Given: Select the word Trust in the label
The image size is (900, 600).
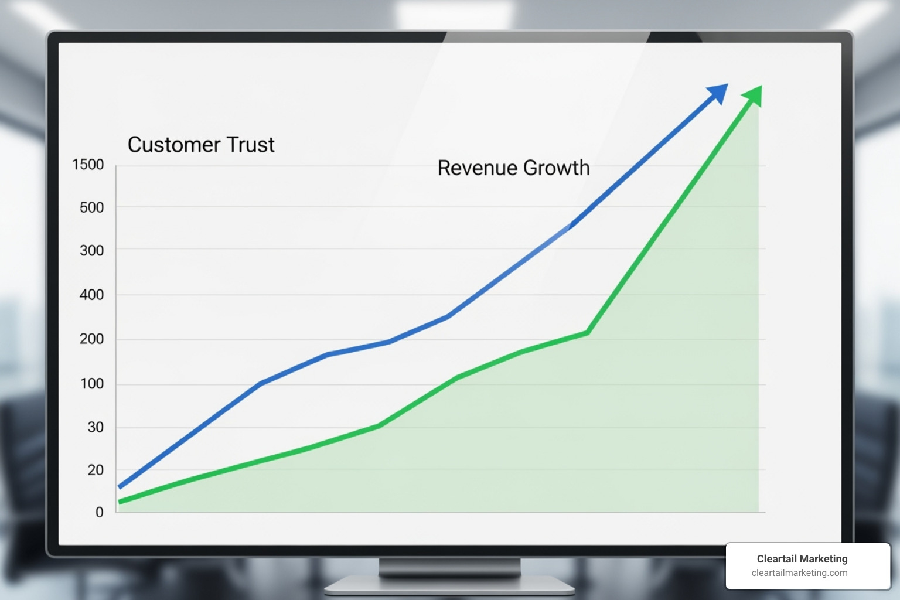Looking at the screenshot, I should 253,145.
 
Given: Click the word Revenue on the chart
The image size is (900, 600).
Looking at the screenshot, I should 477,168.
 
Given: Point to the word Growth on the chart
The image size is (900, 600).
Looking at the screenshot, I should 556,168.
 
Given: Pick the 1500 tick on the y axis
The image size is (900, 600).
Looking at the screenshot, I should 88,165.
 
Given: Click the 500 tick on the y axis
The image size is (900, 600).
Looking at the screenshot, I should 91,207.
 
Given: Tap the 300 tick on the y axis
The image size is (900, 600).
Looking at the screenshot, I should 91,251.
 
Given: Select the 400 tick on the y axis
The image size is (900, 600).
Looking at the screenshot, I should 91,295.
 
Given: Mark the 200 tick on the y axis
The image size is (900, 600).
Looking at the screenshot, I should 91,339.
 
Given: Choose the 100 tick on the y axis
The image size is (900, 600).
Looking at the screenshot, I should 91,384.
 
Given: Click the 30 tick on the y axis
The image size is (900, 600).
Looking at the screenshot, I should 96,427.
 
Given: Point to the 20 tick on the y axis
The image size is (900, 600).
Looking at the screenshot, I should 96,470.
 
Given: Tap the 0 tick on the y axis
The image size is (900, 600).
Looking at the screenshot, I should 100,512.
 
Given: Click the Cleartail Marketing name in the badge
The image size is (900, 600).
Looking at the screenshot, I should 802,559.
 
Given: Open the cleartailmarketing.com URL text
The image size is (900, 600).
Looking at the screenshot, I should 799,573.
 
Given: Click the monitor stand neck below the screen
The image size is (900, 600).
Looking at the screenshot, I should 449,567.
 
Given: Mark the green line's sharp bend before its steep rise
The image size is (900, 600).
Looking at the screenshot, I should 587,333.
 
